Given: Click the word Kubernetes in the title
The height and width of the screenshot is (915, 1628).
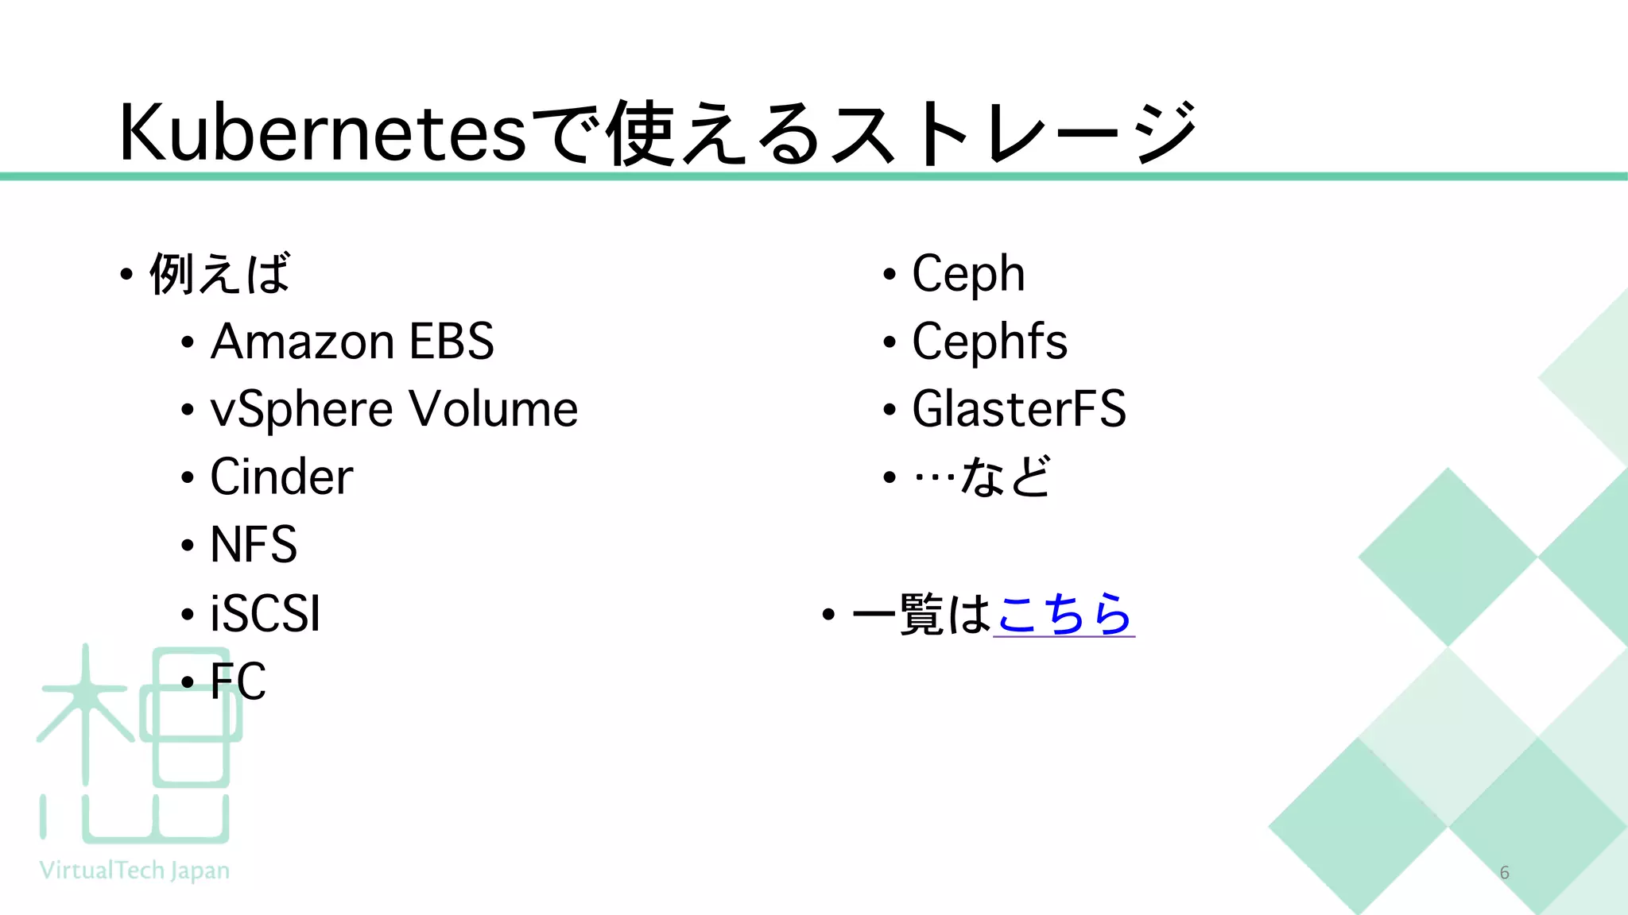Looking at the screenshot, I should point(322,133).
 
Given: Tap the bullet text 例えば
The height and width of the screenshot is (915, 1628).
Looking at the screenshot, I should point(220,274).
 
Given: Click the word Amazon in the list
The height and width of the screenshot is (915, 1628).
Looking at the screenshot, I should point(302,342).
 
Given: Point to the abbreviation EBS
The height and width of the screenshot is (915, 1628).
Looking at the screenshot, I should point(452,342).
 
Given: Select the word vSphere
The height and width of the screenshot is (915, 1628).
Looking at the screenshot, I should point(302,410).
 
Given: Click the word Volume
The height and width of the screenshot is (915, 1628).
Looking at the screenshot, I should point(494,410).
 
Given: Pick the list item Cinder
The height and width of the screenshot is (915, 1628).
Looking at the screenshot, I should point(281,477).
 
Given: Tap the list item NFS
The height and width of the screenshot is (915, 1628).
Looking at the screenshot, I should point(254,545).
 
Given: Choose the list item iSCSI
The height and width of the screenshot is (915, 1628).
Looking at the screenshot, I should point(266,613).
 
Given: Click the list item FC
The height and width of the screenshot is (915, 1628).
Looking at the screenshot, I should point(238,681).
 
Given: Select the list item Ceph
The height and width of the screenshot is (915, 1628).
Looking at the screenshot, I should point(968,274).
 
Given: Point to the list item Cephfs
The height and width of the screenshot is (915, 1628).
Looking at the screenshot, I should point(990,342).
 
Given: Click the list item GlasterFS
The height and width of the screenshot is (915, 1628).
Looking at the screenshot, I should point(1019,410).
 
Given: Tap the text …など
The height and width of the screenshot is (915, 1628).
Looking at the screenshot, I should point(983,477).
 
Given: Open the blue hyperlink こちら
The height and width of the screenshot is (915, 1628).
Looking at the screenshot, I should point(1064,614).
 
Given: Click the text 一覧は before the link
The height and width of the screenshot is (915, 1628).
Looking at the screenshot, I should point(921,614).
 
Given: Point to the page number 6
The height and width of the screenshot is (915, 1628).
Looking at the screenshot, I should point(1504,872).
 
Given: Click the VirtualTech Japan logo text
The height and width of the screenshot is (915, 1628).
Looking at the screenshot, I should point(134,871).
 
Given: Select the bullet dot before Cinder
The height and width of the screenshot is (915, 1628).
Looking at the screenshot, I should point(188,478).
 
